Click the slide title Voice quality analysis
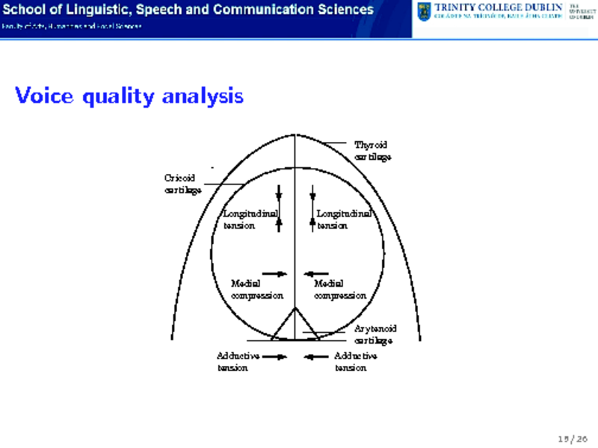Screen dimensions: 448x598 coord(129,96)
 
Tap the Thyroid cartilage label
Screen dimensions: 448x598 coord(372,150)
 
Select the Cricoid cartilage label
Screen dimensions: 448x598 coord(182,183)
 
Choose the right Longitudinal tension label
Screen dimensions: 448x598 coord(345,220)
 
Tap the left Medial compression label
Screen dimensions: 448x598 coord(257,289)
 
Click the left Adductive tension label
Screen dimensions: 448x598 coord(238,361)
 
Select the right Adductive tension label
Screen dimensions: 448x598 coord(356,361)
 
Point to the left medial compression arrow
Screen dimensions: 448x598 coord(275,273)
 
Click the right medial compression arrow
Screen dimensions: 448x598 coord(317,273)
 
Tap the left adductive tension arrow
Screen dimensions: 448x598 coord(275,357)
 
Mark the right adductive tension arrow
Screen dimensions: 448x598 coord(317,357)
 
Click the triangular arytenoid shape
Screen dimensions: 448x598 coord(295,326)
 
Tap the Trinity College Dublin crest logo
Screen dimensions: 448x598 coord(425,12)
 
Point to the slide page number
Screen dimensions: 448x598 coord(569,438)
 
